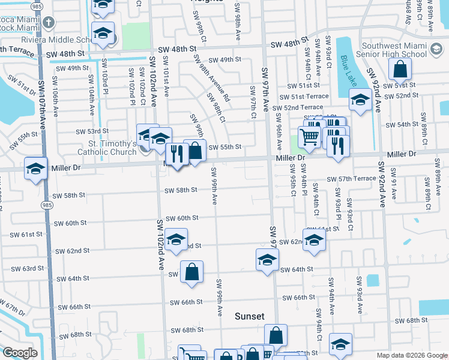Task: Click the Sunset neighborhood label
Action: coord(249,316)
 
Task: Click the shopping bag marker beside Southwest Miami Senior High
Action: coord(400,70)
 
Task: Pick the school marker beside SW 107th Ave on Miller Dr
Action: coord(36,170)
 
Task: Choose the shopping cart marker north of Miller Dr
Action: coord(309,136)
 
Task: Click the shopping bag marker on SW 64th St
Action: coord(191,273)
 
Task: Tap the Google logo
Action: coord(20,353)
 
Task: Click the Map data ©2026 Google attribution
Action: coord(412,355)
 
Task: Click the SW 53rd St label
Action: coord(92,131)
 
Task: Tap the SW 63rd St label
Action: coord(37,269)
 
